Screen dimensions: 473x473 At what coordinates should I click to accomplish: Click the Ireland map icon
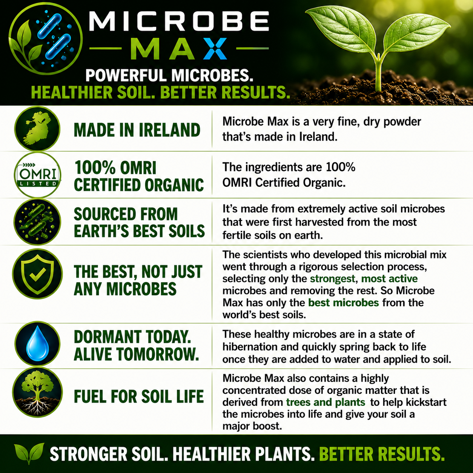click(x=37, y=129)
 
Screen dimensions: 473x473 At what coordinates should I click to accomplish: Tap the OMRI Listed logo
click(x=37, y=175)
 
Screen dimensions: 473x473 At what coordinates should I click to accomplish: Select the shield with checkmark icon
click(x=37, y=273)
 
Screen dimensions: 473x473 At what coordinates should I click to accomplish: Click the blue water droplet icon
click(x=37, y=343)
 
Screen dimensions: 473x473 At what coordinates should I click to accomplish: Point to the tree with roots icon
click(x=37, y=392)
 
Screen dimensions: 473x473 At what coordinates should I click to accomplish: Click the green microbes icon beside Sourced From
click(x=37, y=222)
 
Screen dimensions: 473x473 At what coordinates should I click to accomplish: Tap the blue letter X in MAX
click(x=215, y=49)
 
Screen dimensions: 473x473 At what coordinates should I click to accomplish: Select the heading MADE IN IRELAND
click(x=137, y=130)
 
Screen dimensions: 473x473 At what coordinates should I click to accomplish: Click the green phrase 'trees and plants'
click(x=326, y=402)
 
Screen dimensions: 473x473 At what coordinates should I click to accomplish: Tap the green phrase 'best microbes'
click(x=343, y=303)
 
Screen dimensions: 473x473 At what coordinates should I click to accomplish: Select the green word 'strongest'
click(x=333, y=279)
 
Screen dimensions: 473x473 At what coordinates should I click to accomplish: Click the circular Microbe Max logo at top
click(x=46, y=39)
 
